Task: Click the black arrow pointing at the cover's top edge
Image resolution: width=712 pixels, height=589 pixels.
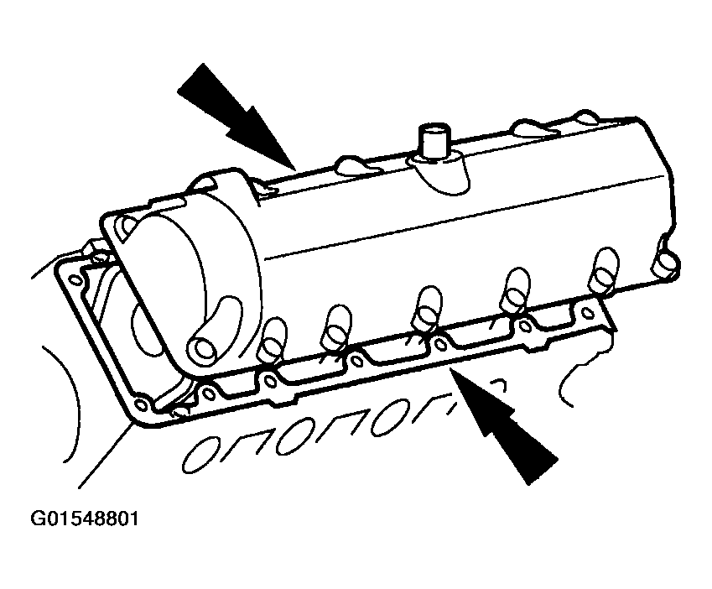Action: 236,116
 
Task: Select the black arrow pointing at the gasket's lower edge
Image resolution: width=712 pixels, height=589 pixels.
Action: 504,427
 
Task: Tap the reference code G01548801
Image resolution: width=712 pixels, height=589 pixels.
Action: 85,519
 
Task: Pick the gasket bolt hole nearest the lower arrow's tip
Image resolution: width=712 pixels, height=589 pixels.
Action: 439,344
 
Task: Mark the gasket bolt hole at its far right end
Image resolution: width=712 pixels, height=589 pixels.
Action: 588,313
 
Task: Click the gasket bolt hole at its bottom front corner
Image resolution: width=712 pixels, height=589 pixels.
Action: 141,404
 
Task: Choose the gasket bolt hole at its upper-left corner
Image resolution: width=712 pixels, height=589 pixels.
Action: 75,280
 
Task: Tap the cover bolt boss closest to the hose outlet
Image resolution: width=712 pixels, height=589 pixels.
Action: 272,338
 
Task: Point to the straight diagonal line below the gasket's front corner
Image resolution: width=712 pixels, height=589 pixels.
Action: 106,455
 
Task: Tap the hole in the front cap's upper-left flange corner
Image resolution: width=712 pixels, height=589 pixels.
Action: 127,225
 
